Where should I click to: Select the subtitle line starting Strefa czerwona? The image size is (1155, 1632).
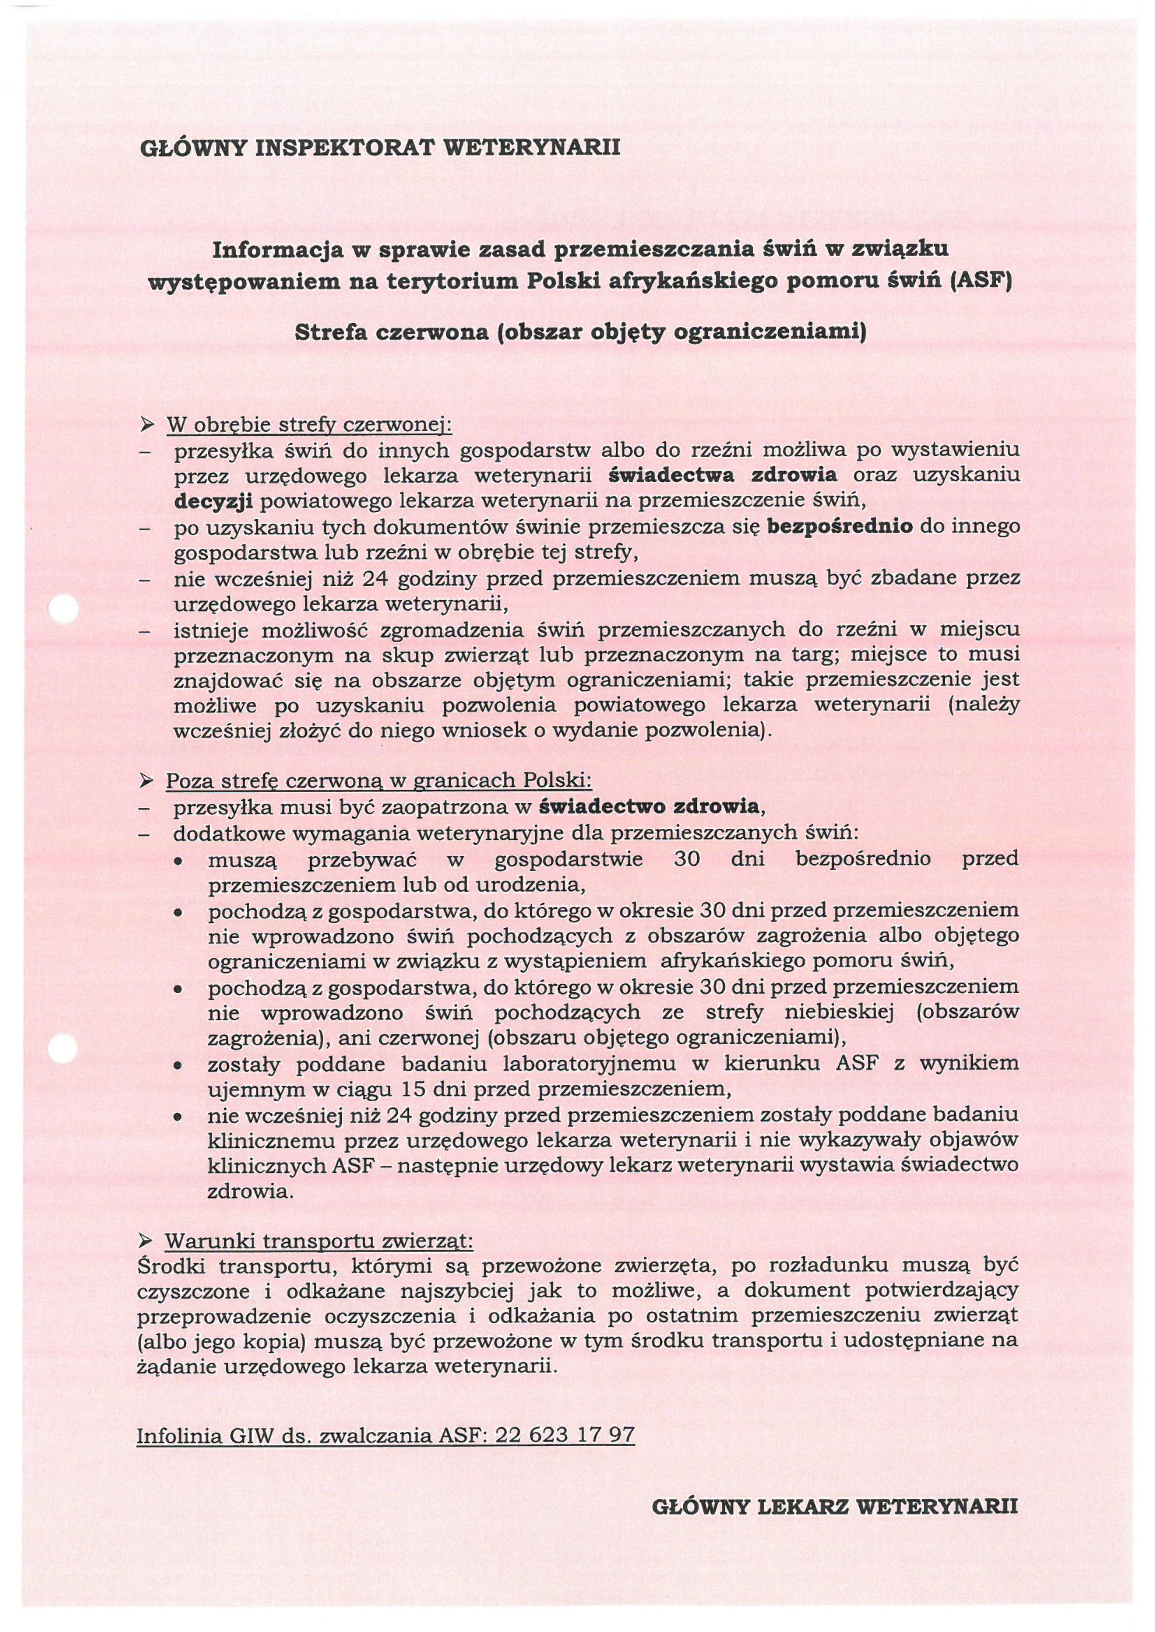(580, 332)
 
